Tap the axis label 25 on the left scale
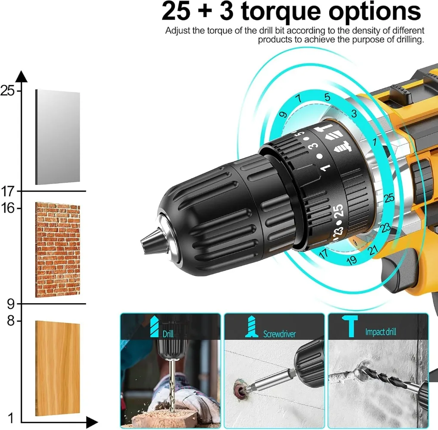coord(8,90)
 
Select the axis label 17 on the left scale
coord(8,191)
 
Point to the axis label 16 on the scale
coord(8,208)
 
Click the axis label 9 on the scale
coord(11,304)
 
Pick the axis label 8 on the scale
coord(11,321)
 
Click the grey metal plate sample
coord(58,137)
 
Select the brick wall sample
coord(58,250)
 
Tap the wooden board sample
coord(58,368)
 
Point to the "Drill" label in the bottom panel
coord(168,334)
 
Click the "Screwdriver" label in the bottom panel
coord(279,334)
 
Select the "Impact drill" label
coord(380,332)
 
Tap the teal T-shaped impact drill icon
coord(350,326)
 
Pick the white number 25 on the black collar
coord(339,212)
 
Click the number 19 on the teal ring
coord(352,260)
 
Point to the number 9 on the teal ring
coord(283,114)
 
